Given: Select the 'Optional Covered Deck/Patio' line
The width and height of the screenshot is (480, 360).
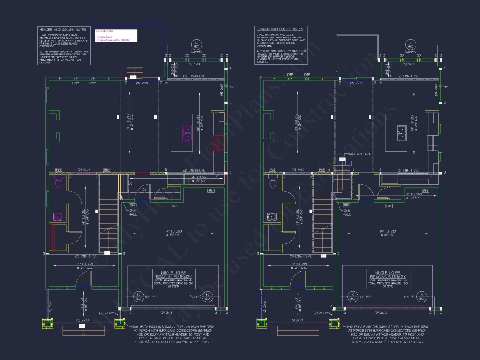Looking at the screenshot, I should coord(113,40).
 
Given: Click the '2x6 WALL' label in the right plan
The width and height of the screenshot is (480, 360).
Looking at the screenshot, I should coord(346,213).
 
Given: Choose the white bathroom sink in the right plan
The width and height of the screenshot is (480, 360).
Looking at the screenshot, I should coord(271,216).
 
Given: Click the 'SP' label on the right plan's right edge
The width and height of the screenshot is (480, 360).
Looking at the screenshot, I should coord(446,87).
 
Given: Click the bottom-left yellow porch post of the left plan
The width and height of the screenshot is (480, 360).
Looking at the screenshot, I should coord(47,324).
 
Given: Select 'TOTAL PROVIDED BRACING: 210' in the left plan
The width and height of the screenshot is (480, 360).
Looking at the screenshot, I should coord(173,283).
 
